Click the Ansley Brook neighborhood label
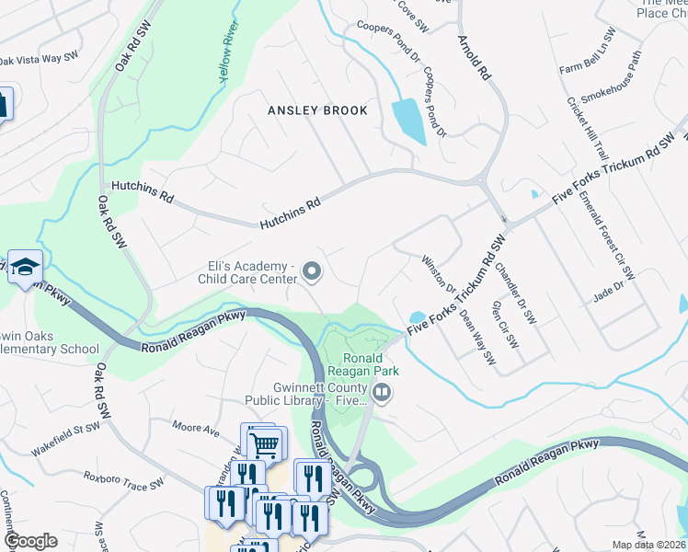click(317, 110)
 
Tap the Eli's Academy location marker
click(312, 270)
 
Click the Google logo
click(31, 541)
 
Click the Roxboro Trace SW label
click(123, 479)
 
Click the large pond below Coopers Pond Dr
click(408, 121)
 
